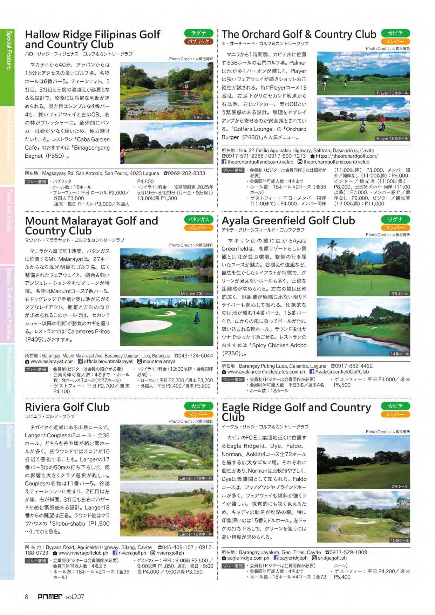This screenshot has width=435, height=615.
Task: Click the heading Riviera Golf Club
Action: coord(67,407)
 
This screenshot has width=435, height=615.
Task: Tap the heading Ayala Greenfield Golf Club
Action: coord(288,220)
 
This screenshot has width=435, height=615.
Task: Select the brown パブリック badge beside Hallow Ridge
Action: coord(198,41)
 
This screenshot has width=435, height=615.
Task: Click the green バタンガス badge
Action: coord(198,219)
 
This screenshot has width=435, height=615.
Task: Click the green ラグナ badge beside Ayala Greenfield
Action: coord(395,219)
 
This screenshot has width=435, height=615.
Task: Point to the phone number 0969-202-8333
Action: coord(186,173)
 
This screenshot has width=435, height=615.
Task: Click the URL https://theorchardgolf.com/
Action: coord(346,156)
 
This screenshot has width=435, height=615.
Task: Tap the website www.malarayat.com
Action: coord(52,361)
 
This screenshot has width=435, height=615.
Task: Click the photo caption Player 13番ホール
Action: coord(392,93)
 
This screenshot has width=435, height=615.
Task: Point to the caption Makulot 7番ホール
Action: coord(196,294)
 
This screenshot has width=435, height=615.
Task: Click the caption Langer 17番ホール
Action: coord(195,478)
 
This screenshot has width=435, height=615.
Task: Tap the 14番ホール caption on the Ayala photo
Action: coord(399,354)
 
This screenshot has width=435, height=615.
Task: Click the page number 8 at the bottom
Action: coord(26,596)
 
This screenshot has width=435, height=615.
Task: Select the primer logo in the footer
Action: coord(50,596)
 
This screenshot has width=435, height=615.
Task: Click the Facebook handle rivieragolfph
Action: coord(132,553)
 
